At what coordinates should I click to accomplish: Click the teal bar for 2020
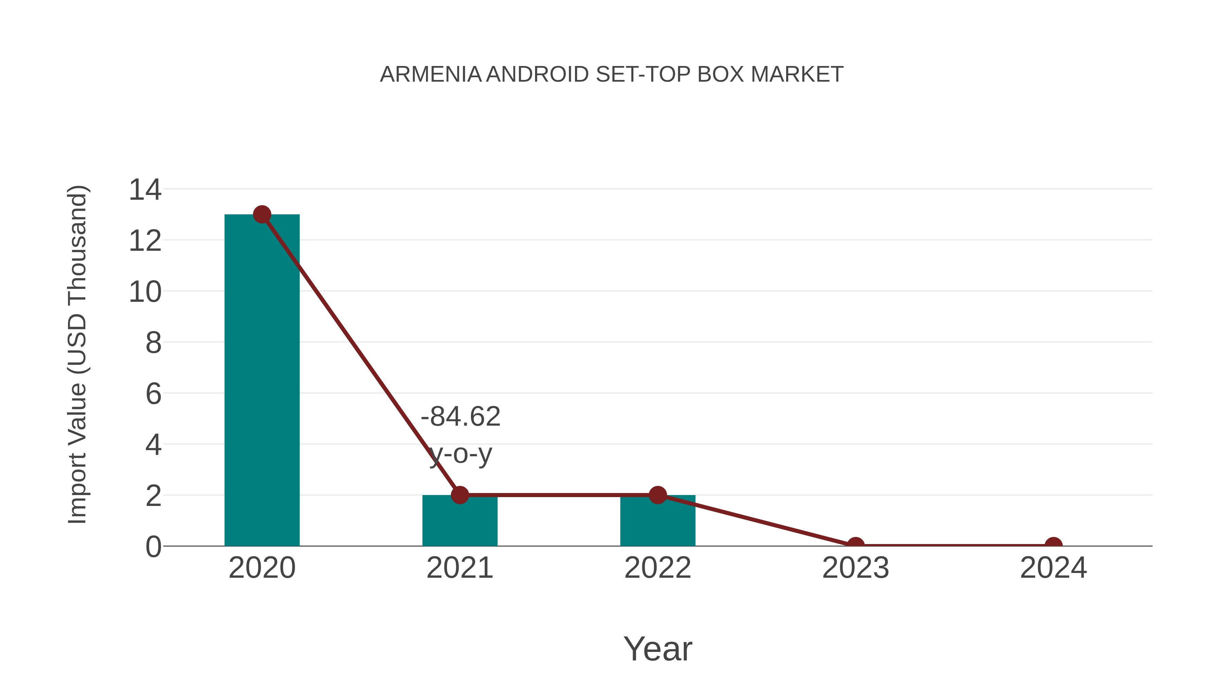pos(262,380)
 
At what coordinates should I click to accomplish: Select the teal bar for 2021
pos(459,523)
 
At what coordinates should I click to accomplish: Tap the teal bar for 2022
pos(658,523)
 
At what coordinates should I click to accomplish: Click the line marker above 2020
pos(262,215)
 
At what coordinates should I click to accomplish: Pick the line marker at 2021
pos(459,495)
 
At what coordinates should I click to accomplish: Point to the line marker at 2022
pos(658,495)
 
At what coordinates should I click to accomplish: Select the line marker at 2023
pos(855,544)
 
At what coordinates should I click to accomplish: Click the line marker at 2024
pos(1053,544)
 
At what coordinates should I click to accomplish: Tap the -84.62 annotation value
pos(460,416)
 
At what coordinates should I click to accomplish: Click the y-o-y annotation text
pos(460,454)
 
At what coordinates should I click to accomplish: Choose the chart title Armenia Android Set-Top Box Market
pos(612,75)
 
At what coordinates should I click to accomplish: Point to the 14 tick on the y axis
pos(145,190)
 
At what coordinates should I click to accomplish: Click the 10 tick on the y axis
pos(145,292)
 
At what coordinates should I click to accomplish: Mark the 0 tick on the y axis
pos(153,547)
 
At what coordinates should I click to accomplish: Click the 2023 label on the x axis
pos(855,568)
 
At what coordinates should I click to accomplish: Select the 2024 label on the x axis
pos(1053,568)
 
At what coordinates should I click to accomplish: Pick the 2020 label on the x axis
pos(262,568)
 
